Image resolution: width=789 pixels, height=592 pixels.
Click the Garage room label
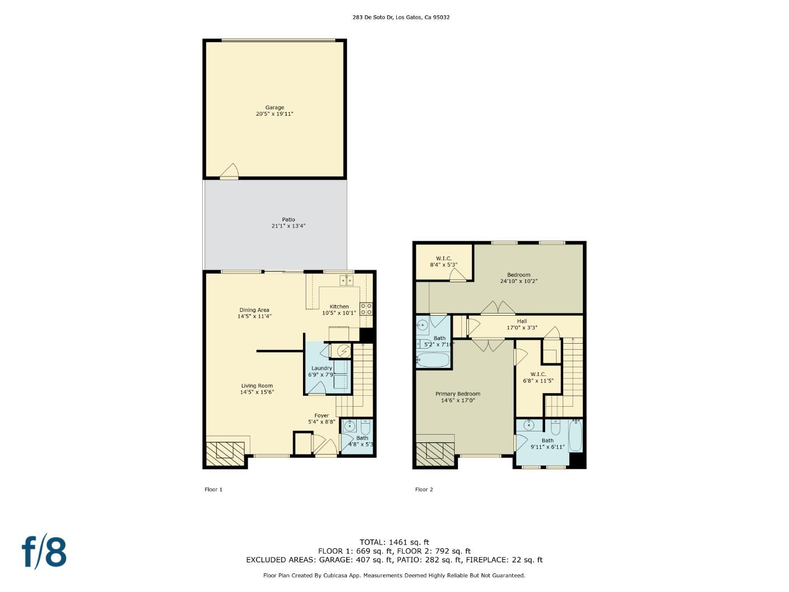point(275,107)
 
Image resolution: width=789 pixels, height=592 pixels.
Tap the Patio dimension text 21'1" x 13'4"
point(288,226)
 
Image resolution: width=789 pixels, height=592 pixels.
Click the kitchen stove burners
point(366,309)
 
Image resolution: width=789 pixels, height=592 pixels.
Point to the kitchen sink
point(347,280)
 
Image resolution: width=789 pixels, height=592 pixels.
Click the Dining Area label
point(254,310)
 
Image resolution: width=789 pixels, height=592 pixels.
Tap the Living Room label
point(256,386)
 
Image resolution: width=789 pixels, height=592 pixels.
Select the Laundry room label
point(321,368)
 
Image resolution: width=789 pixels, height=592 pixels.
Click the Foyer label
point(321,415)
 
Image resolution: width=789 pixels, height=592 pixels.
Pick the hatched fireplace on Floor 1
point(225,454)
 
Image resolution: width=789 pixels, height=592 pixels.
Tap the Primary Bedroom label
point(458,394)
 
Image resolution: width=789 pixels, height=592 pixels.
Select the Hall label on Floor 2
point(522,321)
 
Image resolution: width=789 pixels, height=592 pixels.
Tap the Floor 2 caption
point(424,489)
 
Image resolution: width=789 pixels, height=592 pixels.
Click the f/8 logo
point(44,553)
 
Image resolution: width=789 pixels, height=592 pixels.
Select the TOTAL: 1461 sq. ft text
point(395,542)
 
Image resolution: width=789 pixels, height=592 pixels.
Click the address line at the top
point(401,17)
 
